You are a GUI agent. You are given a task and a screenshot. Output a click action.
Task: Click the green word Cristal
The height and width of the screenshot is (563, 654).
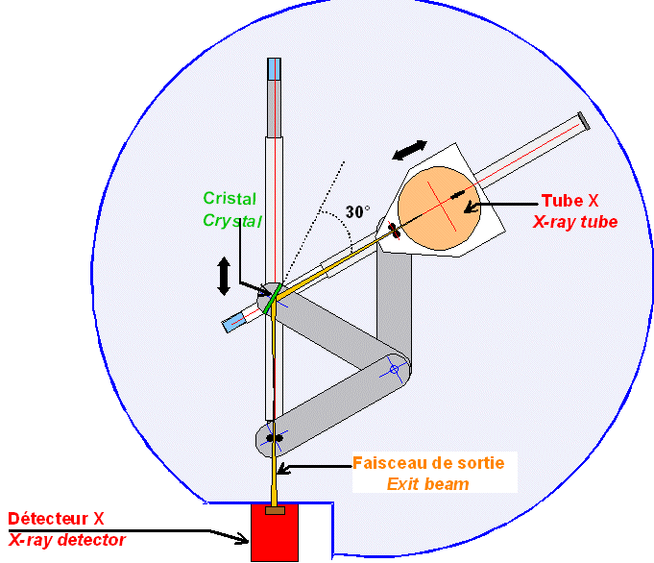coord(230,199)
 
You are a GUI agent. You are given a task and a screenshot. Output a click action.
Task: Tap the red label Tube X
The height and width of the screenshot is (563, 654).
coord(570,201)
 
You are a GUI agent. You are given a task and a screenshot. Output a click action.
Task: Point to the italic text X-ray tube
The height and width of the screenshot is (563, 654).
coord(575,221)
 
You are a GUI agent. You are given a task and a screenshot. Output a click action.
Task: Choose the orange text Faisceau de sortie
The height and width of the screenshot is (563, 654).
coord(428,462)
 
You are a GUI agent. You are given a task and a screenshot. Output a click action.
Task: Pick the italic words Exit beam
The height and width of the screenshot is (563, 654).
coord(428,483)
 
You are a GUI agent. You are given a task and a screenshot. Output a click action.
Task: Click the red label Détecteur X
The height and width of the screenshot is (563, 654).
coord(57,519)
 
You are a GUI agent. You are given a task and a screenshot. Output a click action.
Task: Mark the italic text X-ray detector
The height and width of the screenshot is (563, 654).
coord(67,540)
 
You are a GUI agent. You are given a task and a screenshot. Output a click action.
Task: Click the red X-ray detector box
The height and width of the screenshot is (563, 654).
coord(274,533)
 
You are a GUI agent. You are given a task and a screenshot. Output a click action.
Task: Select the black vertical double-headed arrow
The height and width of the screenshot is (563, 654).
coord(224,275)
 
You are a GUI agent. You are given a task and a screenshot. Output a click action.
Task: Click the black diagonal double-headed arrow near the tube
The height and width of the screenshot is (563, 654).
coord(410,149)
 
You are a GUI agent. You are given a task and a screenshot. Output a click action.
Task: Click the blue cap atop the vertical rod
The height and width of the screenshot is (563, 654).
coord(275,69)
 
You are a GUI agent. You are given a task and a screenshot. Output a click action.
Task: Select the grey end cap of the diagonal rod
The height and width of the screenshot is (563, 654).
coord(583,120)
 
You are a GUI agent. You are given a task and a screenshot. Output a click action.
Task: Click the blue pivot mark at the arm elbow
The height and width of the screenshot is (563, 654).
coord(394,368)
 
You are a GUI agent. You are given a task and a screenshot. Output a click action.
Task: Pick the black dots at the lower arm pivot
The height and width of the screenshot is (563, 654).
coord(275,438)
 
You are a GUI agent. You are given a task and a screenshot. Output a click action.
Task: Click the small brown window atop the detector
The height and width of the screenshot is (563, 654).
coord(275,510)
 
